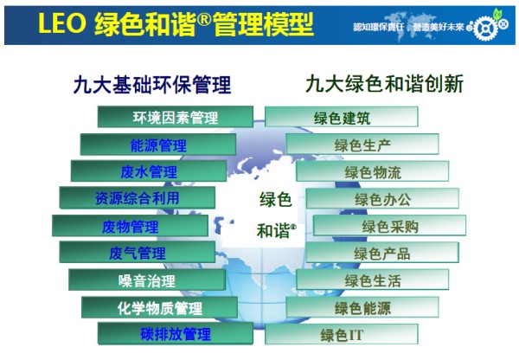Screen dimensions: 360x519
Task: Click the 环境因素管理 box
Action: coord(175,118)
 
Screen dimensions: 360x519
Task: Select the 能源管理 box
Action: coord(158,145)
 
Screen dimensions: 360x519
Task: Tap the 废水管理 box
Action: coord(149,171)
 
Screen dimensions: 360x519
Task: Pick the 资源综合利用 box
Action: coord(138,198)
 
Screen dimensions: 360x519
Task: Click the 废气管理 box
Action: coord(138,254)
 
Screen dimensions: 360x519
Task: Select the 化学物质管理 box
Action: coord(158,307)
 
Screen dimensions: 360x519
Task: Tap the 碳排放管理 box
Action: coord(175,334)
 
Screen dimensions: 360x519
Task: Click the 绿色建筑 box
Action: coord(342,118)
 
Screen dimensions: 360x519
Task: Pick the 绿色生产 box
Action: coord(362,145)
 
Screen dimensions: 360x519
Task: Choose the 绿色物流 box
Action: coord(373,172)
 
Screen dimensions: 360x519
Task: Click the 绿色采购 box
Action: coord(389,227)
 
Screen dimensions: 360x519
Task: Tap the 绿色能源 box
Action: coord(362,307)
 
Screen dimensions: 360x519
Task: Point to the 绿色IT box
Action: coord(342,334)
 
